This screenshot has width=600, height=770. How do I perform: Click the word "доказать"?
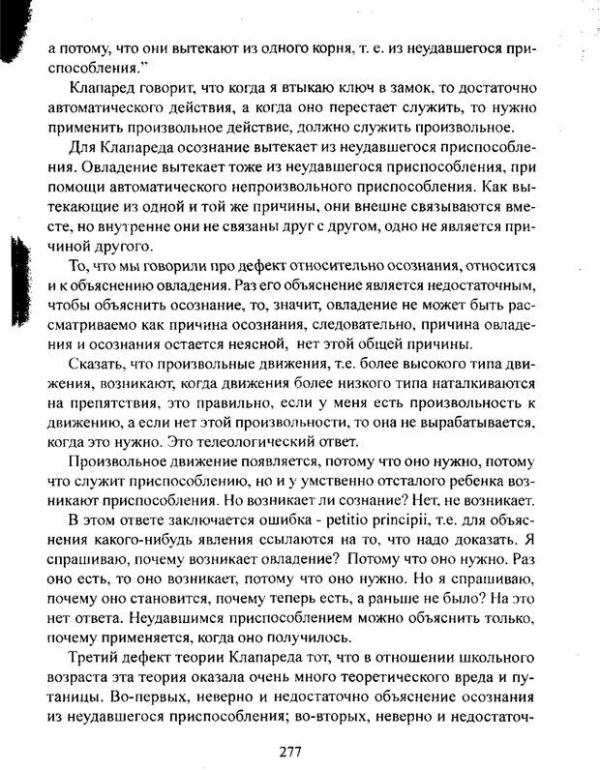(x=495, y=542)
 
